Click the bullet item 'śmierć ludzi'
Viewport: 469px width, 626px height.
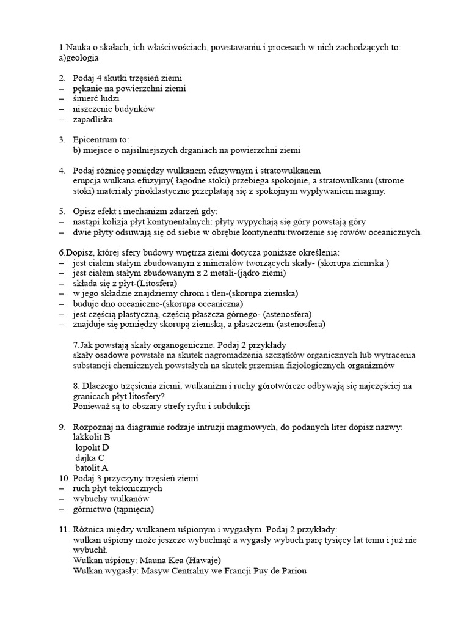point(96,99)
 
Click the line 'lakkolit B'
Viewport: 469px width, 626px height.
point(92,438)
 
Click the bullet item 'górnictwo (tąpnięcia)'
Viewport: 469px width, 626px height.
point(113,509)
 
